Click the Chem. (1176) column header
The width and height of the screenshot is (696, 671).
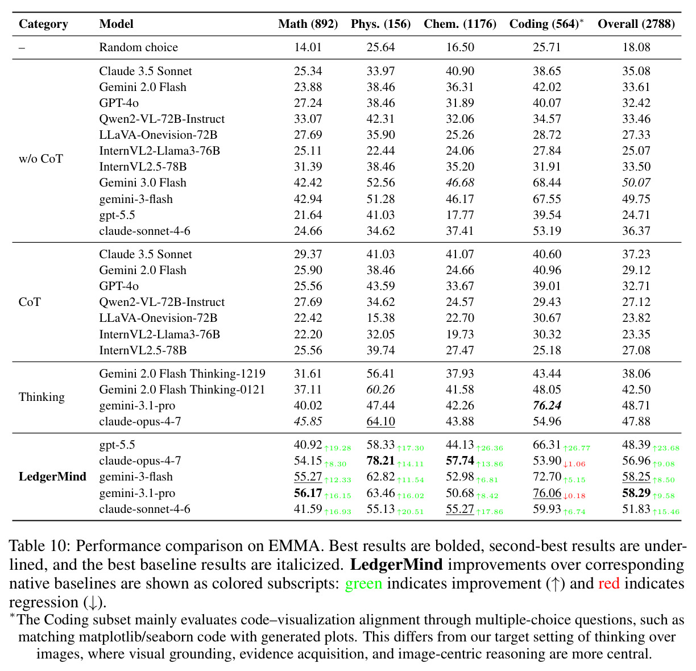point(460,24)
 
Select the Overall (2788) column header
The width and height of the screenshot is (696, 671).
point(636,24)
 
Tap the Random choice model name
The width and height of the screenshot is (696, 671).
point(138,47)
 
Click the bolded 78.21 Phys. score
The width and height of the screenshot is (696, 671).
point(380,461)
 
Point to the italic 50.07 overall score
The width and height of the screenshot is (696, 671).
point(636,183)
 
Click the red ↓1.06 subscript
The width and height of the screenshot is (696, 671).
point(574,464)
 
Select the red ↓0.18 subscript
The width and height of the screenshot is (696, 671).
point(574,496)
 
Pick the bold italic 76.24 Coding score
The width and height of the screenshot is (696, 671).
point(547,405)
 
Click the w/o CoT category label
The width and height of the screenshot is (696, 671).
point(41,159)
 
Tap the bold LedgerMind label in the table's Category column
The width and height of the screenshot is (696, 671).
point(52,477)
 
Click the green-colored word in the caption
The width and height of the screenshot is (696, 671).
point(363,583)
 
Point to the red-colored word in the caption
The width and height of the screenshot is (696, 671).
point(609,583)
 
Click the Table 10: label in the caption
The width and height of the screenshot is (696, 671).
point(40,546)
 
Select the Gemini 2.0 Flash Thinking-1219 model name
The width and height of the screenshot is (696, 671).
point(182,374)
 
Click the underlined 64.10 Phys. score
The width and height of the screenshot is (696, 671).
point(380,421)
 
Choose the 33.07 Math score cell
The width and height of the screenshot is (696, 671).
point(308,119)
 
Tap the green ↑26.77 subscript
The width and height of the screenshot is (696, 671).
point(576,448)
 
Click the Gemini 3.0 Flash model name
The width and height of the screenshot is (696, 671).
point(143,183)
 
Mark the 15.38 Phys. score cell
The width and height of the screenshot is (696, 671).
point(380,318)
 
